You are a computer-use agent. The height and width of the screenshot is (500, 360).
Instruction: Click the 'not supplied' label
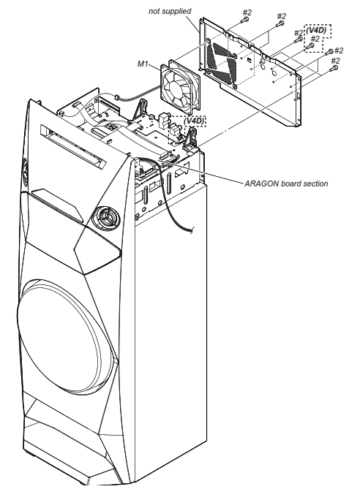[170, 12]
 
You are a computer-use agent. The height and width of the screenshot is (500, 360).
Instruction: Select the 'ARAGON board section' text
[286, 183]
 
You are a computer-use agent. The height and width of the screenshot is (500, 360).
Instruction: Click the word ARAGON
[260, 183]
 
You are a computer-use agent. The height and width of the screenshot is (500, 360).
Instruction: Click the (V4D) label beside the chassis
[194, 120]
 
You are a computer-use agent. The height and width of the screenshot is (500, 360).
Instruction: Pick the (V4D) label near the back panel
[318, 30]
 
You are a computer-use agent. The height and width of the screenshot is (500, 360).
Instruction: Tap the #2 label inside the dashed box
[316, 39]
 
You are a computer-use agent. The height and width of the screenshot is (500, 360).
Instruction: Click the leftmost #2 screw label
[247, 12]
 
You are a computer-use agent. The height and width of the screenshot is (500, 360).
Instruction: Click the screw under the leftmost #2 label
[244, 21]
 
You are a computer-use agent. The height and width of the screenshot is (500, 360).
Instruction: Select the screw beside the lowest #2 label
[334, 70]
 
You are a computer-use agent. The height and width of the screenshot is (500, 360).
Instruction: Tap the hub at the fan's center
[179, 85]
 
